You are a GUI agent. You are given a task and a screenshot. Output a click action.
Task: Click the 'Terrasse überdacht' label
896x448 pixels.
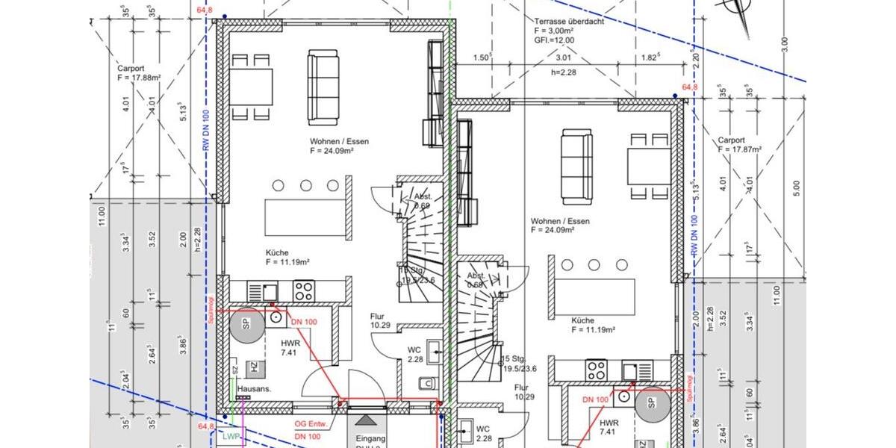[x=564, y=22]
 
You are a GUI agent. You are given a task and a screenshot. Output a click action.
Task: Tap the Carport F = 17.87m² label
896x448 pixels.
[x=738, y=144]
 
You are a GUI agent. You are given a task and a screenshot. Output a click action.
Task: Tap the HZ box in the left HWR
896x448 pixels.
[x=255, y=367]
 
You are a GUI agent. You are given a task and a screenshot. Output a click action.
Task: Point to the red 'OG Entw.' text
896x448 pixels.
[x=309, y=424]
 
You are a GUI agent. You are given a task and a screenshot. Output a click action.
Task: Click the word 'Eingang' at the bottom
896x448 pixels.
[x=370, y=438]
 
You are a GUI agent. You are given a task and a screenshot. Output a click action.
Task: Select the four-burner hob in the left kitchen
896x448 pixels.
[x=303, y=290]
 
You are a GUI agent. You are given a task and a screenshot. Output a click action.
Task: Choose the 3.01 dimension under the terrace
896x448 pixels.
[x=563, y=57]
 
